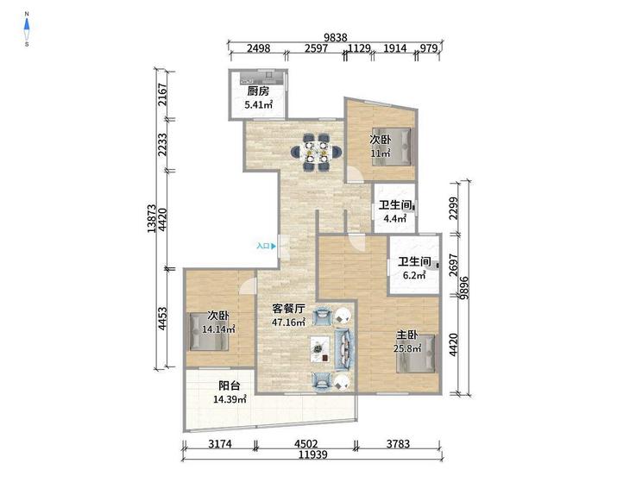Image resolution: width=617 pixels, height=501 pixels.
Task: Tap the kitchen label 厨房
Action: tap(258, 91)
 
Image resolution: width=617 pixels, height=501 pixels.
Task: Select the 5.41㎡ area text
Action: tap(259, 104)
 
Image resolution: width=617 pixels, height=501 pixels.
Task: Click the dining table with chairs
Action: tap(317, 152)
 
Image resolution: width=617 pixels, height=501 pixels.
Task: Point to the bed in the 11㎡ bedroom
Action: tap(392, 147)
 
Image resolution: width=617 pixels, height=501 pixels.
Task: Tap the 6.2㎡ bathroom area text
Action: tap(414, 275)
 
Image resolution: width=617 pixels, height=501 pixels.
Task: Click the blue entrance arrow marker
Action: tap(273, 246)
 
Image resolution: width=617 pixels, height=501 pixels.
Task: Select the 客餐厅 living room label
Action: tap(288, 309)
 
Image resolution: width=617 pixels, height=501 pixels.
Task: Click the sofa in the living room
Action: tap(344, 349)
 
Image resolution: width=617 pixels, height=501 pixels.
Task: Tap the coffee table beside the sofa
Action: tap(321, 349)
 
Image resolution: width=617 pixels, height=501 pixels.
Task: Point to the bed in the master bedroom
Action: tap(416, 354)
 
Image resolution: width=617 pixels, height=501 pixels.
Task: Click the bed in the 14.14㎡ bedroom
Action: tap(209, 331)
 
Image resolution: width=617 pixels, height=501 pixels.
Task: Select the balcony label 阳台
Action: tap(230, 385)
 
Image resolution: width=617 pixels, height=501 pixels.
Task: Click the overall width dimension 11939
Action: tap(313, 454)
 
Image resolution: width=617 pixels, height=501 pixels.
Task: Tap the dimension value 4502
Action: tap(306, 443)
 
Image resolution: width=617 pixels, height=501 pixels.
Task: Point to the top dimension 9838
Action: tap(336, 37)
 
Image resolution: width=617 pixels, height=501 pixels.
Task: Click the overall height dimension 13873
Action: tap(152, 218)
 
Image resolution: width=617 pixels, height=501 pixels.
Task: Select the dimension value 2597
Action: tap(316, 48)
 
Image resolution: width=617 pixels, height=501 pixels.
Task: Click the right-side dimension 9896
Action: tap(464, 288)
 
